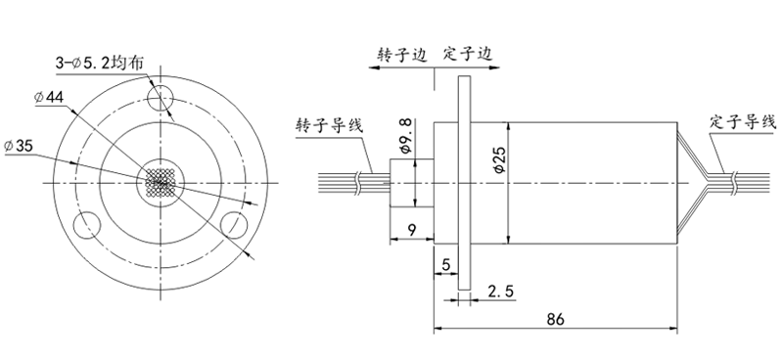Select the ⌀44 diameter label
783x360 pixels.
coord(48,98)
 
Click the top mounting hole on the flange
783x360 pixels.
coord(161,95)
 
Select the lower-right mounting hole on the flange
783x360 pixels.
coord(235,223)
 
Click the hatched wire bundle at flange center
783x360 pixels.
coord(161,182)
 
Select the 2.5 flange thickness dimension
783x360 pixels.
coord(500,292)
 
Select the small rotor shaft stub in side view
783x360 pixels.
coord(404,183)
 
